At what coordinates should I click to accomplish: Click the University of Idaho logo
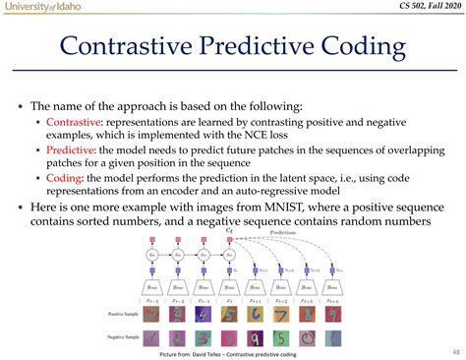(x=42, y=8)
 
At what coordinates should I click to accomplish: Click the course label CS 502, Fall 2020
(x=415, y=9)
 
